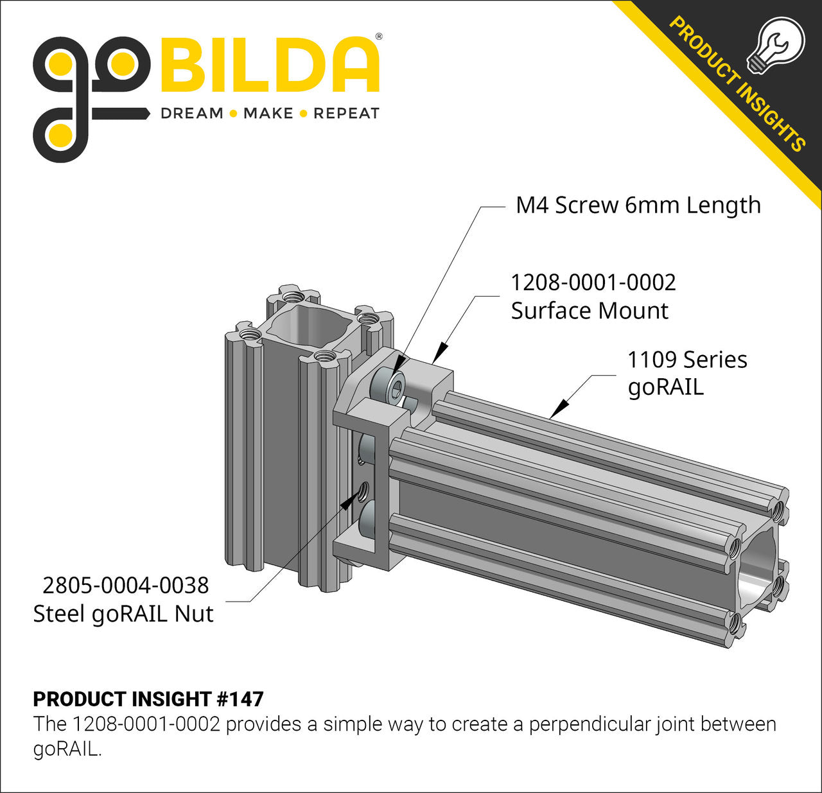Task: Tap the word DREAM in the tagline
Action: [x=192, y=114]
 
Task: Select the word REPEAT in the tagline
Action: [x=346, y=114]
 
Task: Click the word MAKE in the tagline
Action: [x=268, y=114]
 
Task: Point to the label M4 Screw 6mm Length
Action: [x=638, y=205]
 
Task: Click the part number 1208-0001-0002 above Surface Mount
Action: [x=593, y=283]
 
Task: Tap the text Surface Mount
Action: [x=590, y=311]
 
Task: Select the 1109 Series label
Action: [x=686, y=360]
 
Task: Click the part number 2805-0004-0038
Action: [x=126, y=586]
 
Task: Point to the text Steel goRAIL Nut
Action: [x=123, y=614]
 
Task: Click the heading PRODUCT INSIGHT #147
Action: [x=148, y=699]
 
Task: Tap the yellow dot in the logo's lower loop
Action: [x=60, y=134]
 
